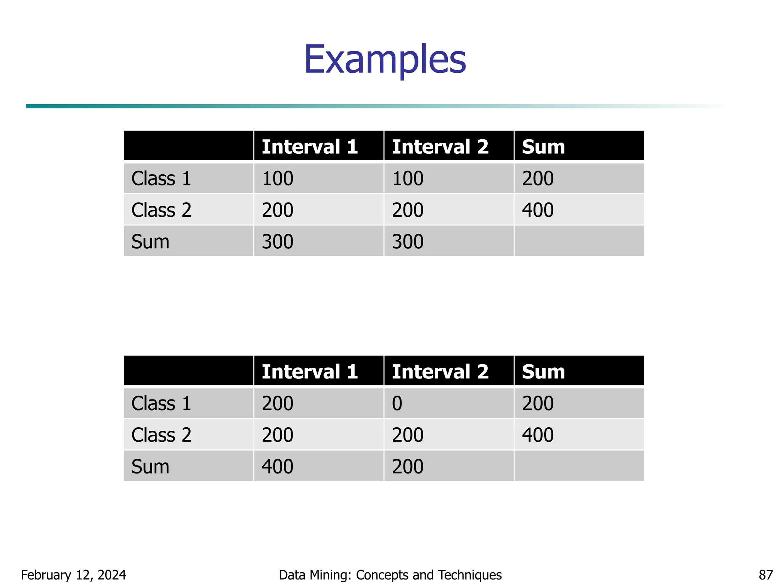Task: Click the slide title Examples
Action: [x=385, y=60]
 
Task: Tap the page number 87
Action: [x=765, y=575]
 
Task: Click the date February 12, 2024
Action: [x=73, y=575]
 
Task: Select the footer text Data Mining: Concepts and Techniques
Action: [x=390, y=575]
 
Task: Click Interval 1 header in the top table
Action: [x=310, y=147]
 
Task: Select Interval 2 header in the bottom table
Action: [x=440, y=372]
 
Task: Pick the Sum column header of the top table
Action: [x=543, y=147]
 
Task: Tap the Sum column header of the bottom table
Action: [x=543, y=372]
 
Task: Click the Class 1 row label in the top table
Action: [x=161, y=179]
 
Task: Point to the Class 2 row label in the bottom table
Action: [x=161, y=435]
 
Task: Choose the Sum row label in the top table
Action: [x=150, y=242]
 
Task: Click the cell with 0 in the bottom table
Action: [x=397, y=403]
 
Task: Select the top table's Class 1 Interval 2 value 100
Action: [x=408, y=179]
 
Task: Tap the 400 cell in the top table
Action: [x=538, y=210]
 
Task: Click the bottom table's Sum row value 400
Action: [x=277, y=467]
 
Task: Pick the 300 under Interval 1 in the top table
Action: [x=277, y=242]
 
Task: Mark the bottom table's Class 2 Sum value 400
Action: [x=538, y=435]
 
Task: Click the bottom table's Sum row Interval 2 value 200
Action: [x=408, y=467]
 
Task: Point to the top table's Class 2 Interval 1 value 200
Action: [x=277, y=210]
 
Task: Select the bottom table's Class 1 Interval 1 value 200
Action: [x=277, y=403]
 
